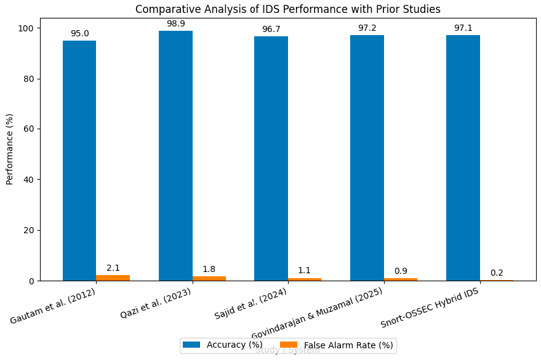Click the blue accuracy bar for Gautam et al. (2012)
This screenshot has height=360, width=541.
pos(79,161)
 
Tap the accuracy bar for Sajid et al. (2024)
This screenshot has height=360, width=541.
pos(271,159)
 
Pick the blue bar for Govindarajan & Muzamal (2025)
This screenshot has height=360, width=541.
pos(367,158)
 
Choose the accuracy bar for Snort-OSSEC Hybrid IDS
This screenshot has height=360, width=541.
pos(463,158)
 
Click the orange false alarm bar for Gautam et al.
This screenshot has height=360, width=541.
pos(113,278)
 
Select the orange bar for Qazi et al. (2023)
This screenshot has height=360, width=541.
pos(209,279)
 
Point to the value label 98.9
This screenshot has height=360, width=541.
pos(175,24)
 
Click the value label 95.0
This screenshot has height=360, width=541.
pos(79,34)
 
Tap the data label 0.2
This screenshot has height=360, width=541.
pos(497,273)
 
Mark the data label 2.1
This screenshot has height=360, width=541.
pos(113,268)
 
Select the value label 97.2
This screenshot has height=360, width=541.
pos(367,28)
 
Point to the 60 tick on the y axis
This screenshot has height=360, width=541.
pos(29,129)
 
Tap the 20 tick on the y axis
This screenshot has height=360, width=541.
pos(29,230)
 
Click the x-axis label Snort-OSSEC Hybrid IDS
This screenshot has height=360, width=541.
pos(430,307)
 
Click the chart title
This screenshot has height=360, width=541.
pos(287,9)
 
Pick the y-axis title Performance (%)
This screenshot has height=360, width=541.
pos(10,149)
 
